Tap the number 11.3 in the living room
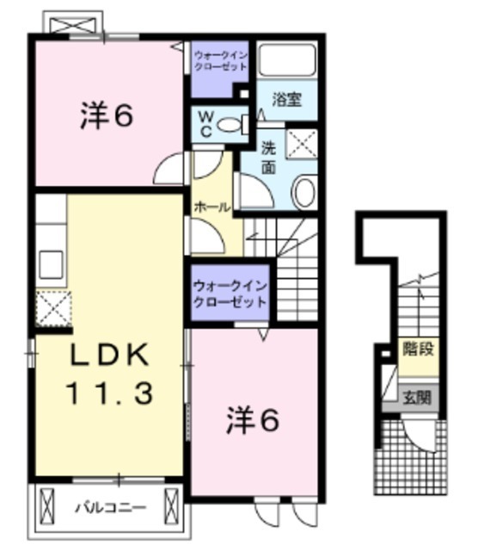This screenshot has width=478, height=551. (110, 393)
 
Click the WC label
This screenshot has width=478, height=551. (207, 121)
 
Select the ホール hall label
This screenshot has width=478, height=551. (211, 207)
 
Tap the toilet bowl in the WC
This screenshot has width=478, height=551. (230, 125)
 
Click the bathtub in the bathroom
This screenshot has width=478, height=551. (287, 61)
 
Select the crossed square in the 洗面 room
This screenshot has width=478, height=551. (302, 144)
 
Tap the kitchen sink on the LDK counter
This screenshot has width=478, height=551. (49, 262)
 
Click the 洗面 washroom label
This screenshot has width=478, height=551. (268, 158)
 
